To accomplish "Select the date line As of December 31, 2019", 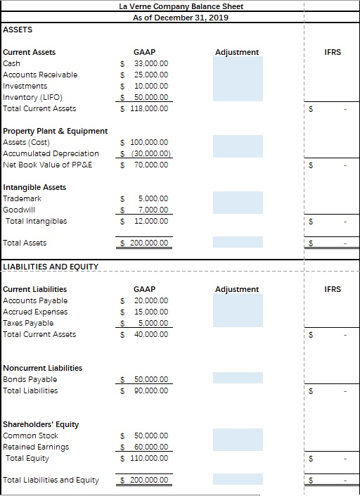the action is [x=181, y=17].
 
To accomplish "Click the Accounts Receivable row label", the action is [x=40, y=75].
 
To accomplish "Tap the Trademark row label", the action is [x=22, y=198].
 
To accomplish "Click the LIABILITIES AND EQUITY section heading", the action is [x=51, y=267].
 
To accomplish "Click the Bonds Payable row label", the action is [x=30, y=379].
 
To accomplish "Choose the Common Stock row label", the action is [x=31, y=435].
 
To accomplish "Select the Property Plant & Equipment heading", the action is [x=56, y=131].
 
